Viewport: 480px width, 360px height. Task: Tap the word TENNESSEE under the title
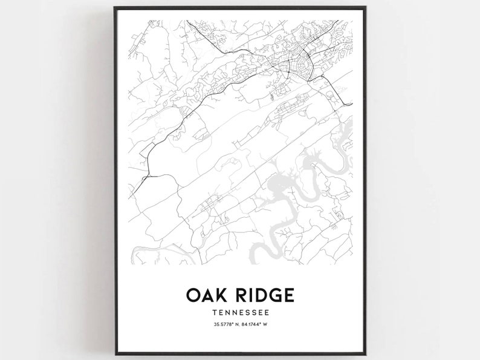tap(241, 313)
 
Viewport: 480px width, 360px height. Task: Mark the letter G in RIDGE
tap(274, 295)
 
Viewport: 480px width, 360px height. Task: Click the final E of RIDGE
tap(289, 295)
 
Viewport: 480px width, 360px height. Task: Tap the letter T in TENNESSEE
tap(215, 313)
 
